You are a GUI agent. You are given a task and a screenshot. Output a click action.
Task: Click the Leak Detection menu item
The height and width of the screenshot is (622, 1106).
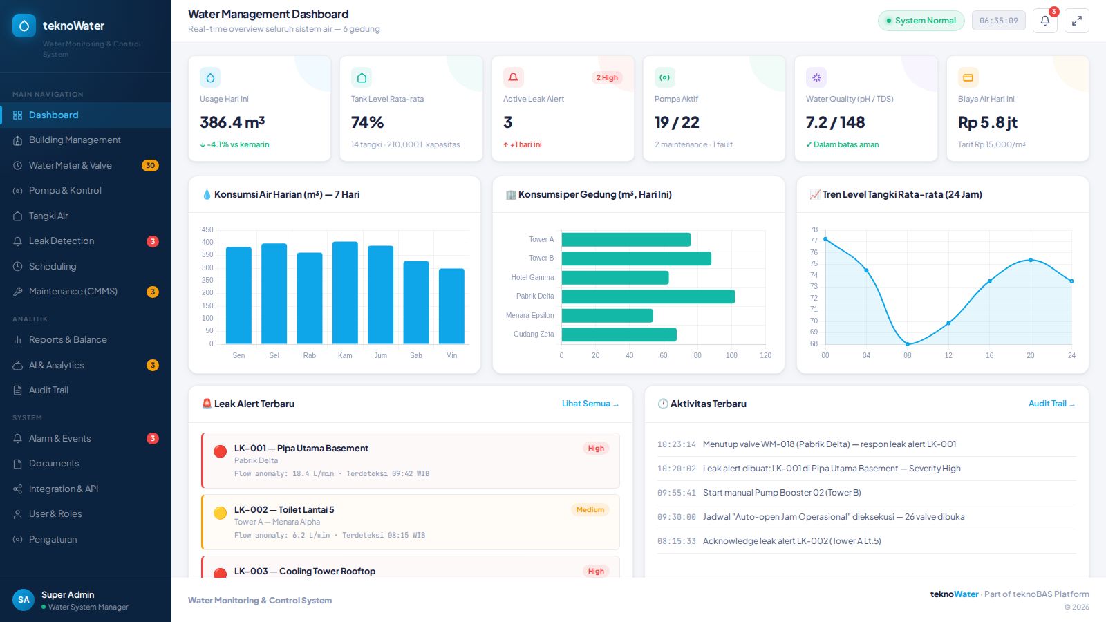coord(62,241)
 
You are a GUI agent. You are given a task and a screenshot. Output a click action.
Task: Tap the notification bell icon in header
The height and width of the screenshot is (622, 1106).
coord(1044,21)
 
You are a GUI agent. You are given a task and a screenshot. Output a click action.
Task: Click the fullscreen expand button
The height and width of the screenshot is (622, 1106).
coord(1077,21)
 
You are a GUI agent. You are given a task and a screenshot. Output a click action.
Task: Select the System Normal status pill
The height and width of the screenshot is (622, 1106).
coord(921,21)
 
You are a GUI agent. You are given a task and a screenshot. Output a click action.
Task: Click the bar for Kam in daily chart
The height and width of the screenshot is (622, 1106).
coord(345,293)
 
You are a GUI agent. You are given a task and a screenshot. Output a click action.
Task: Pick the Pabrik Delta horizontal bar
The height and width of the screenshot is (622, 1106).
coord(648,296)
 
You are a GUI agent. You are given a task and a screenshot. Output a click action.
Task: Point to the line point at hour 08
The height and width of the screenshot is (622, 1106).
coord(908,344)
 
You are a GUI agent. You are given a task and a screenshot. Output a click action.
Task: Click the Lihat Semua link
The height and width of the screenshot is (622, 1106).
coord(590,404)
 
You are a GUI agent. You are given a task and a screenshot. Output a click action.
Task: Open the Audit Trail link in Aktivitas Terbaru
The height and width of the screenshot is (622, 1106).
coord(1051,404)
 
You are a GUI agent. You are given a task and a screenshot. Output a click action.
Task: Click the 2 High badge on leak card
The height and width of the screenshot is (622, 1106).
coord(607,77)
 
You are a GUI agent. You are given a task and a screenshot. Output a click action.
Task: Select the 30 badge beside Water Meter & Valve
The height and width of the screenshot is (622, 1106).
coord(150,165)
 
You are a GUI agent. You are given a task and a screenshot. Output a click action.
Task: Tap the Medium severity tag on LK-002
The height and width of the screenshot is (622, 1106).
coord(590,509)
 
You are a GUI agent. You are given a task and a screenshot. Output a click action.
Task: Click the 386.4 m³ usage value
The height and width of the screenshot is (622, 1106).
coord(232,122)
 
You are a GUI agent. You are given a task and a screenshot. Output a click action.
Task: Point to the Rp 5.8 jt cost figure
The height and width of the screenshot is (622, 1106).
coord(988,122)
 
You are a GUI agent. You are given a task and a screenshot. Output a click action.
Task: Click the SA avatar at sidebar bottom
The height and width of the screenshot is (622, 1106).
coord(24,600)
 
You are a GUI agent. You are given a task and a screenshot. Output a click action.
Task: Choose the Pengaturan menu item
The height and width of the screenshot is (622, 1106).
coord(53,539)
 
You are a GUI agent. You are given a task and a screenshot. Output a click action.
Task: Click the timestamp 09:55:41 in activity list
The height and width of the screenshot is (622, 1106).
coord(677,493)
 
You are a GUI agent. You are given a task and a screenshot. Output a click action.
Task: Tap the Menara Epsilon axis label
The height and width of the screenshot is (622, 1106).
coord(529,315)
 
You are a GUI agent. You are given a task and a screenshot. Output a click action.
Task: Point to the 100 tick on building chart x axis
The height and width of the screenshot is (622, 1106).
coord(731,355)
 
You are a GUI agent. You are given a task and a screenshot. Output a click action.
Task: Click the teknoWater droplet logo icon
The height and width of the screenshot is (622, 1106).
coord(24,26)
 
